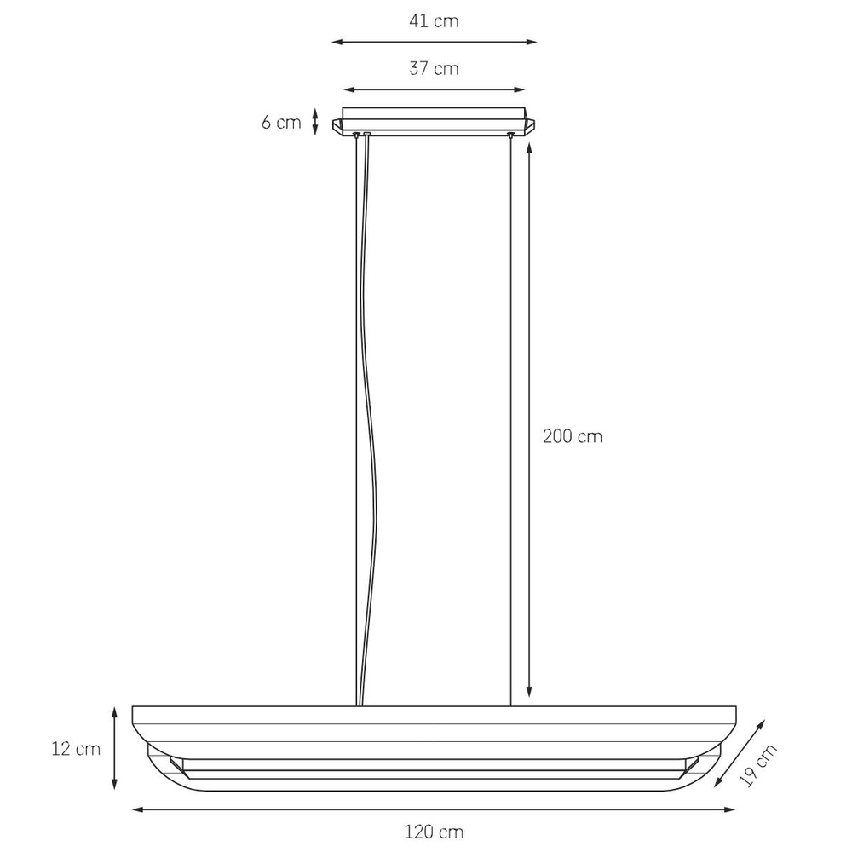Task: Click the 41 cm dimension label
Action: click(434, 21)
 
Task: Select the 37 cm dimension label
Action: click(434, 69)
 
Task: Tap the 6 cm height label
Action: click(281, 122)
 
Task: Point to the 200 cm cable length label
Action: click(573, 436)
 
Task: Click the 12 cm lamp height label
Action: click(76, 750)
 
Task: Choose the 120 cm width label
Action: click(434, 831)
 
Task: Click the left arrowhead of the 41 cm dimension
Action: click(336, 41)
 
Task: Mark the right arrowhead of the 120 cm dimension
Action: click(730, 809)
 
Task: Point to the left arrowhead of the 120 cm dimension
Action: click(136, 809)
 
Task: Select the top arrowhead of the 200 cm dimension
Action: click(530, 147)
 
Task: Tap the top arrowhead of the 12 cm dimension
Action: click(114, 711)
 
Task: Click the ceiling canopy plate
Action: click(434, 115)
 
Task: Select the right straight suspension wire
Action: click(510, 426)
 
